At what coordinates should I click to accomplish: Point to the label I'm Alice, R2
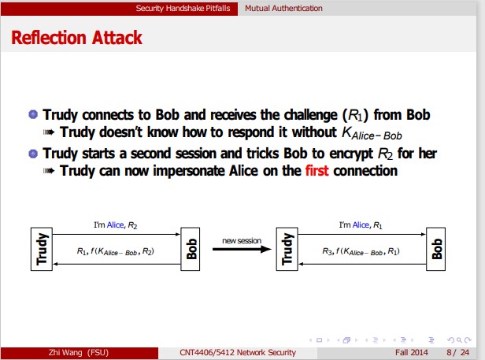coord(115,225)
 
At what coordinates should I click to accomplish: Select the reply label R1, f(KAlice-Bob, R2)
coord(116,251)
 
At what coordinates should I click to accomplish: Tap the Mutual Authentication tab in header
coord(283,8)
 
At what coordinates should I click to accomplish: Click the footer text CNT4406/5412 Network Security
coord(238,352)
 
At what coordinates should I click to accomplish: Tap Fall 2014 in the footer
coord(412,352)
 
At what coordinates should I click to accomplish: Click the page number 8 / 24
coord(457,352)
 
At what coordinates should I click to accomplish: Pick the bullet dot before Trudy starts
coord(33,154)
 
